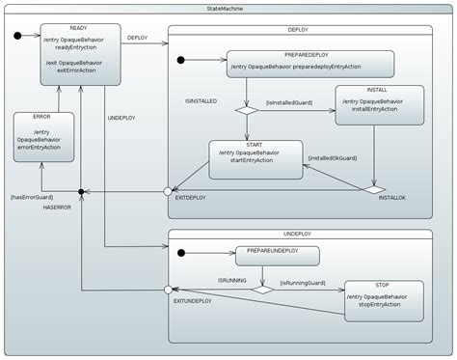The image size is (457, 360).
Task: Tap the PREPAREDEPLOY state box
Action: pyautogui.click(x=311, y=64)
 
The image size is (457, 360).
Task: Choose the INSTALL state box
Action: pyautogui.click(x=379, y=105)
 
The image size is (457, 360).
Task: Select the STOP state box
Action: pyautogui.click(x=383, y=298)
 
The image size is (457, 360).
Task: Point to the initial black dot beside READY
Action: pyautogui.click(x=18, y=37)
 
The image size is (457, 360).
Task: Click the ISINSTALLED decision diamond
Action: pyautogui.click(x=248, y=110)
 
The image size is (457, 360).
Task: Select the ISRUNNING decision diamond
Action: pyautogui.click(x=261, y=289)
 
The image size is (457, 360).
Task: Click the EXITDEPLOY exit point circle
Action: pyautogui.click(x=168, y=190)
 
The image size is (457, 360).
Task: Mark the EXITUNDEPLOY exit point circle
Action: pyautogui.click(x=168, y=289)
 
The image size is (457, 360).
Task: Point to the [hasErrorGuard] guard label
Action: pyautogui.click(x=33, y=197)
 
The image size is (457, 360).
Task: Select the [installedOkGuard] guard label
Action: pyautogui.click(x=333, y=157)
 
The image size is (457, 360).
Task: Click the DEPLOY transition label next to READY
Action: pyautogui.click(x=137, y=38)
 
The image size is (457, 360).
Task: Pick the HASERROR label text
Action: pyautogui.click(x=58, y=208)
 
